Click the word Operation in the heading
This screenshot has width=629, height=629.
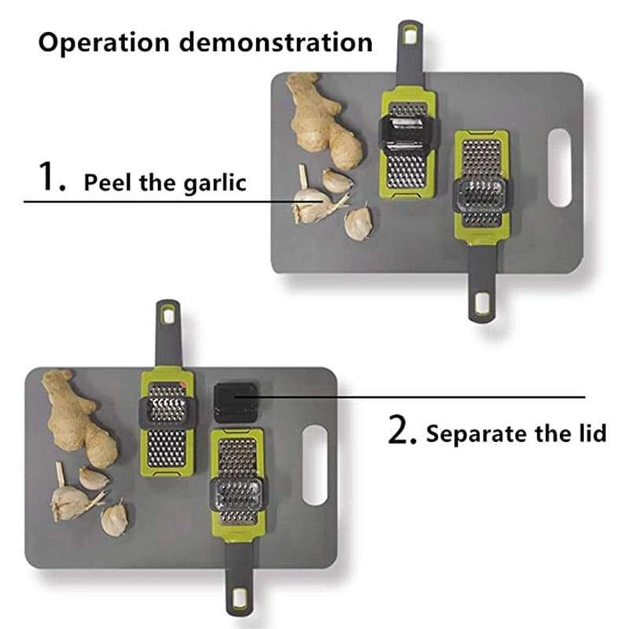(x=104, y=42)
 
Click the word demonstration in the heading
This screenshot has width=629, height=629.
(x=276, y=42)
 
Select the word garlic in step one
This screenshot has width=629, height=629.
(x=215, y=183)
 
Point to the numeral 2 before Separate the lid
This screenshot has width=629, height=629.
(x=403, y=429)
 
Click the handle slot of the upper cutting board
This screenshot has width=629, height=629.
(x=560, y=167)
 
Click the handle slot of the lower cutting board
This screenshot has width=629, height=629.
(x=315, y=465)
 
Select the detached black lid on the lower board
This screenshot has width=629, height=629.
(x=235, y=403)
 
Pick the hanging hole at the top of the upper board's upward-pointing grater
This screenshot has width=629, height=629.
(x=410, y=36)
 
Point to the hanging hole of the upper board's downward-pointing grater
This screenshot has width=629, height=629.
(x=481, y=303)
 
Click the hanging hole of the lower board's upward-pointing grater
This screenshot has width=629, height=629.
(x=168, y=315)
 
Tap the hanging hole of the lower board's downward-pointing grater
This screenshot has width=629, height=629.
(x=240, y=598)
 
